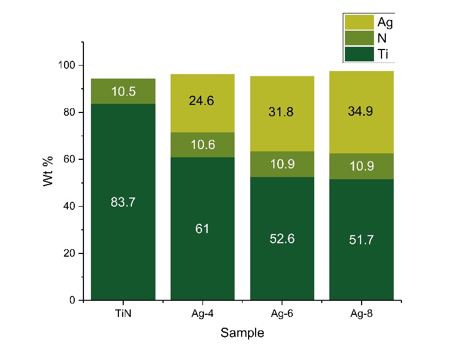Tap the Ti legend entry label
[383, 54]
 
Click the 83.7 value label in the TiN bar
[123, 202]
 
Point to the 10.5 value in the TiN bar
[123, 91]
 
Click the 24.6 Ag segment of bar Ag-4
[202, 100]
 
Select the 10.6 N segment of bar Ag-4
[202, 145]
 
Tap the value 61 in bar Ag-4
[202, 228]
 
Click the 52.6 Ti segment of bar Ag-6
[282, 238]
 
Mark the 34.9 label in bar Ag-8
[362, 112]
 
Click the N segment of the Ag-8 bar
[362, 166]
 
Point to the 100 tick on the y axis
[68, 66]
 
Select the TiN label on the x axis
[123, 313]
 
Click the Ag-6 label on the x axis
[282, 313]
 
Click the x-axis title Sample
[242, 334]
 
